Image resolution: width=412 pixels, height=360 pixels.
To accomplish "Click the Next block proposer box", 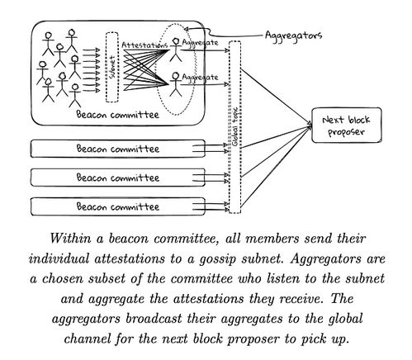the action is [347, 126].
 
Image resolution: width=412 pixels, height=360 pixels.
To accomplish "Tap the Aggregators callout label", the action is [293, 36].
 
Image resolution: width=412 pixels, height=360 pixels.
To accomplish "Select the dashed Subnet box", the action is [112, 68].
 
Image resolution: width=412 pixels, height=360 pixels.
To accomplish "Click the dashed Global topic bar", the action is [234, 127].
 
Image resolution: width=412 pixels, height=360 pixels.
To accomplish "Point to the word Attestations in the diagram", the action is [144, 45].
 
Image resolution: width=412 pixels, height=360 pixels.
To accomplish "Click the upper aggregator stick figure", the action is [176, 50].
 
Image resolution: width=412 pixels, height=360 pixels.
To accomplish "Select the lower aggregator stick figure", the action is [176, 84].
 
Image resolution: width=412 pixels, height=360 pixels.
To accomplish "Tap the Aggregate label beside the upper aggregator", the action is [200, 43].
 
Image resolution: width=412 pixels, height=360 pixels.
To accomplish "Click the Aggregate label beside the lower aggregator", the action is [200, 78].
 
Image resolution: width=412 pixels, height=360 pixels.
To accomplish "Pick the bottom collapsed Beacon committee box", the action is [118, 206].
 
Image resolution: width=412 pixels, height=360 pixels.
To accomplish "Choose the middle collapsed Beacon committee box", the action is [118, 178].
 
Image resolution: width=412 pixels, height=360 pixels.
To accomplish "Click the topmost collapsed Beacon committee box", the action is [118, 149].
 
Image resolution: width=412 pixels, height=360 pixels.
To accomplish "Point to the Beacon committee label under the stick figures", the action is [117, 115].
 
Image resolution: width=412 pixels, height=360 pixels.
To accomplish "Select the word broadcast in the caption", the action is [154, 319].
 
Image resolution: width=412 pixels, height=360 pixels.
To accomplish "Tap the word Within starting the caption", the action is [70, 239].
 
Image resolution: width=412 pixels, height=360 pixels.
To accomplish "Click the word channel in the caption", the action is [88, 339].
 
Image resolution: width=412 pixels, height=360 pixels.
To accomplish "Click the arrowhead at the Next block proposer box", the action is [310, 125].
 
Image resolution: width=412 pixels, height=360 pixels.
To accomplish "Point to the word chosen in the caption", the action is [62, 279].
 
